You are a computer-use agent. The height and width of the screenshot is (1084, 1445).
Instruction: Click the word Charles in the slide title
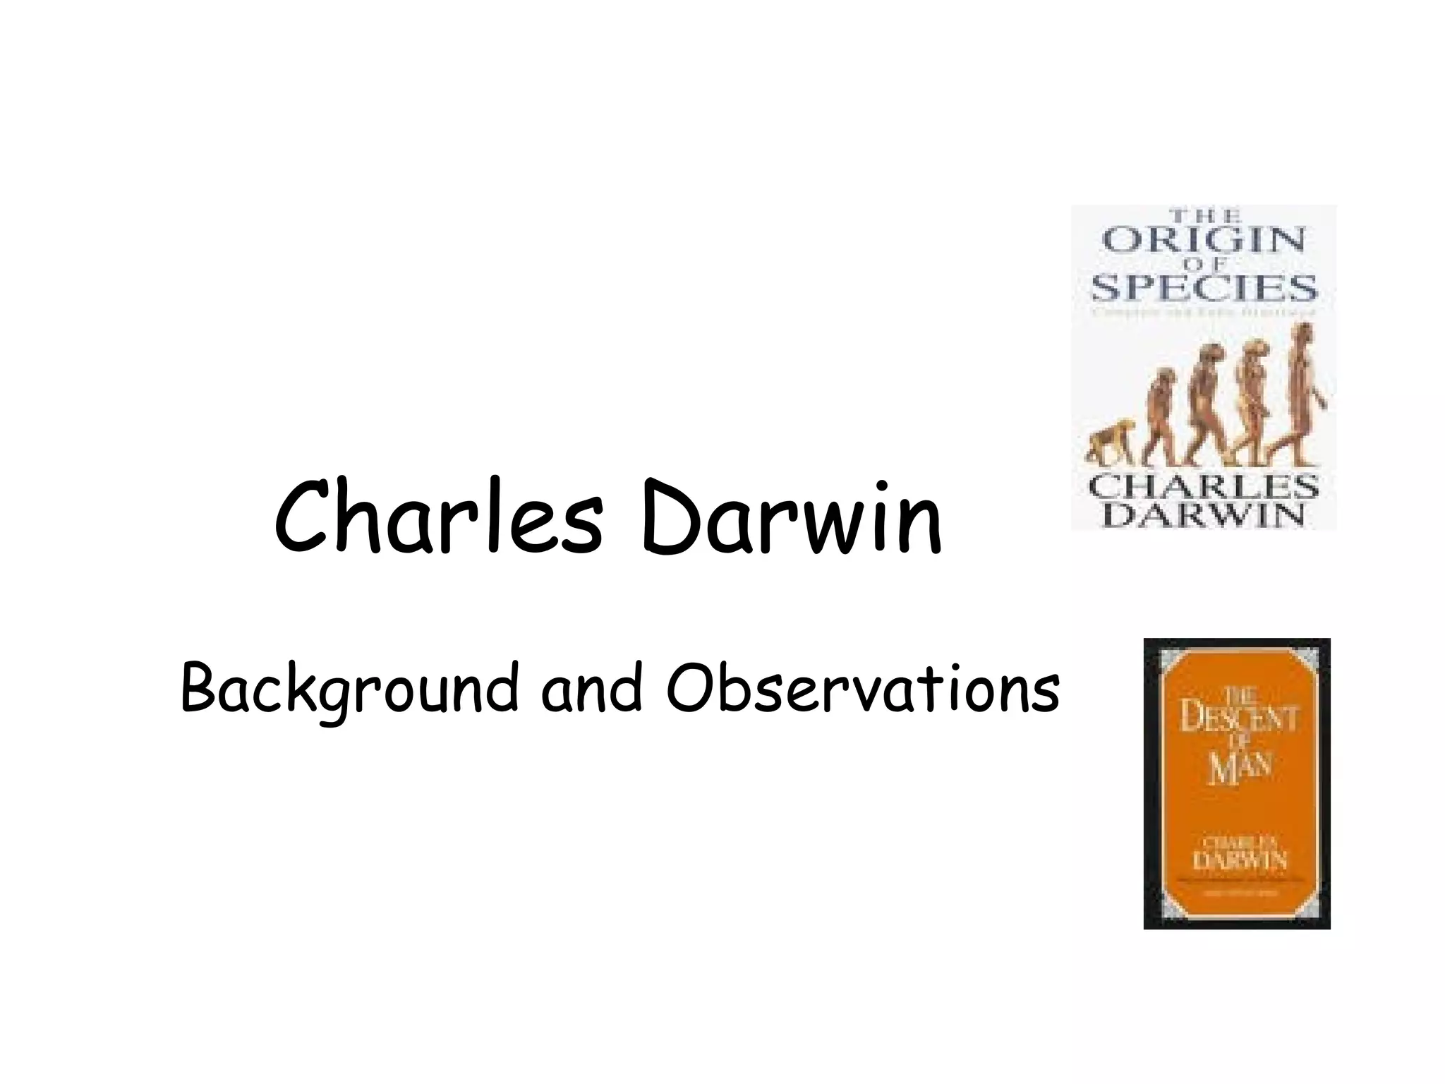(437, 517)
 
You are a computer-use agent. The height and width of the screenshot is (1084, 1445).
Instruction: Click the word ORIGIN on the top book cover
(1204, 241)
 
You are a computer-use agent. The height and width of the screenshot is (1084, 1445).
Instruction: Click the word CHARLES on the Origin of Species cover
(1204, 487)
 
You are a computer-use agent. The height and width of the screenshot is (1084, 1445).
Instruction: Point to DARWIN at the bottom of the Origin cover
(1204, 516)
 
